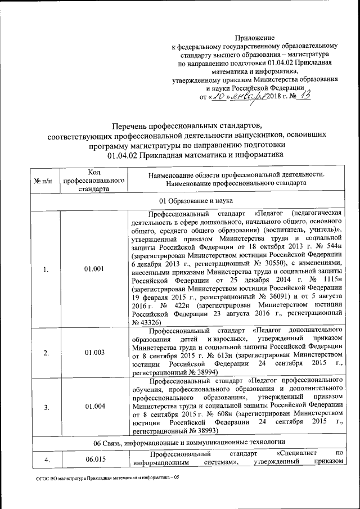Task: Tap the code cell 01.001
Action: tap(94, 269)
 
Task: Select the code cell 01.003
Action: tap(94, 353)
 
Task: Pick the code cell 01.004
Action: tap(94, 406)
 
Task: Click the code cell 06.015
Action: tap(94, 460)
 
